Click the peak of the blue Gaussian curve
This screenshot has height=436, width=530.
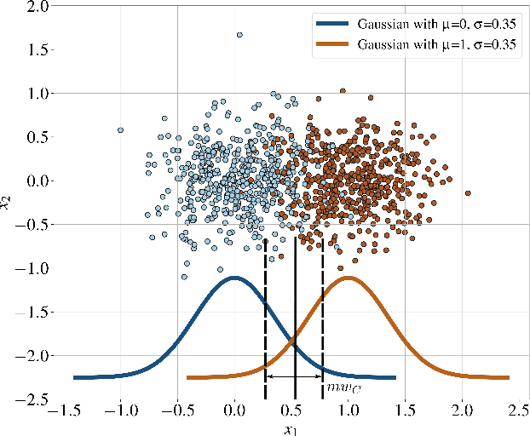[x=234, y=278]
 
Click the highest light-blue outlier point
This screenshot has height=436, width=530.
[x=239, y=35]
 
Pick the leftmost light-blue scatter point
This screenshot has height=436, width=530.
[x=120, y=130]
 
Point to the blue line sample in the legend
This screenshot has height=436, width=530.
[x=333, y=26]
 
